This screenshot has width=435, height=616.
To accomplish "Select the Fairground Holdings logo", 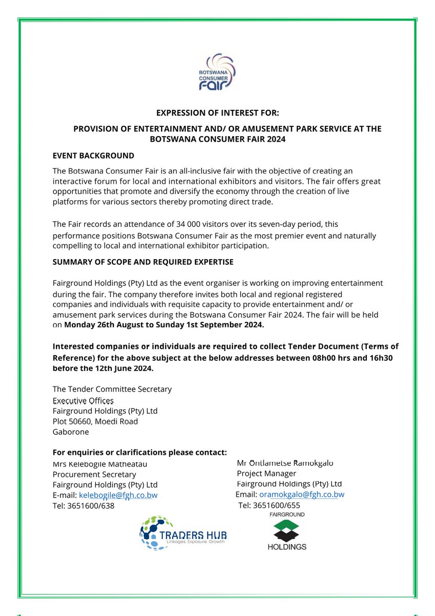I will [287, 531].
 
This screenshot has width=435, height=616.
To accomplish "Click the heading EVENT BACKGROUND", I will [93, 156].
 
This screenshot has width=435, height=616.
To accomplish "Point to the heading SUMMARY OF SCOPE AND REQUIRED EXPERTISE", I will [143, 262].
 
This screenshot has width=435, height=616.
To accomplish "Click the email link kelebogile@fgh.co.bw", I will [117, 495].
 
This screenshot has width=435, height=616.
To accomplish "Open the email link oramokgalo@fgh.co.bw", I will [302, 494].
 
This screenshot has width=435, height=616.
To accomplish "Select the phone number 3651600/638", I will [91, 506].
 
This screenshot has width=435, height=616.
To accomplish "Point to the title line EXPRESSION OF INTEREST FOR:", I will [217, 113].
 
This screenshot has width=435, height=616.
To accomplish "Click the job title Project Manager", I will [266, 473].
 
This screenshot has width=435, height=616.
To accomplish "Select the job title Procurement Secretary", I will [94, 474].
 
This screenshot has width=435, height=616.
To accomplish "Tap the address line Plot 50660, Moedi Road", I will [95, 421].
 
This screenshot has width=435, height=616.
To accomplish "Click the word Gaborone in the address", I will [71, 432].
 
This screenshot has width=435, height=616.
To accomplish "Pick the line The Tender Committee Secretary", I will [112, 389].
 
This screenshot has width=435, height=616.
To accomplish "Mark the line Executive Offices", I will [83, 400].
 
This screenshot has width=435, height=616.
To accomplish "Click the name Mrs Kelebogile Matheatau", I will [100, 464].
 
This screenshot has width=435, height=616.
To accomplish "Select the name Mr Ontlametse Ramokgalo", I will [285, 463].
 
